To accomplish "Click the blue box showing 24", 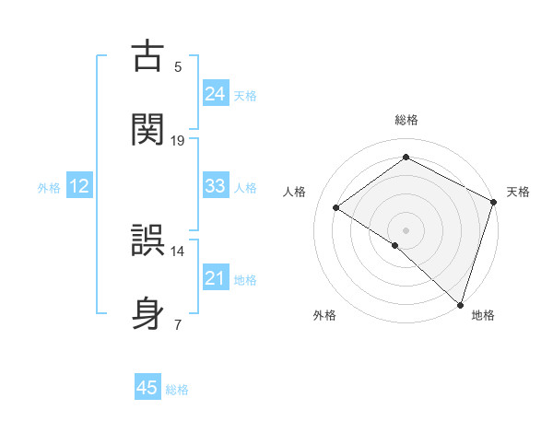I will tap(216, 93).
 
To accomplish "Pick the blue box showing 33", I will tap(216, 186).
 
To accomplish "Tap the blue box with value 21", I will tap(216, 278).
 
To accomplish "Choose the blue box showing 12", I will tap(79, 186).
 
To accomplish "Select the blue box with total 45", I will tap(147, 388).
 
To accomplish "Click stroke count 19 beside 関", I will tap(178, 140).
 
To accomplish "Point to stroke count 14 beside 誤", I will tap(178, 251).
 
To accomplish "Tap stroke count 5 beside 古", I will tap(178, 66).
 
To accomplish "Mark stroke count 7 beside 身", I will tap(178, 324).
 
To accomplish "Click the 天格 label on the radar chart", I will tap(518, 192).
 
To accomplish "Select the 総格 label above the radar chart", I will tap(406, 120).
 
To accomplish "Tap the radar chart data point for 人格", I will tap(336, 207).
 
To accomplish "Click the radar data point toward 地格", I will tap(459, 302).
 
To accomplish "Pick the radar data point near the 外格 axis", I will tap(395, 245).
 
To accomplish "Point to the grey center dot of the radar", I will tap(406, 229).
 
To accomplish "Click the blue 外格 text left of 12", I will tap(49, 187).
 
